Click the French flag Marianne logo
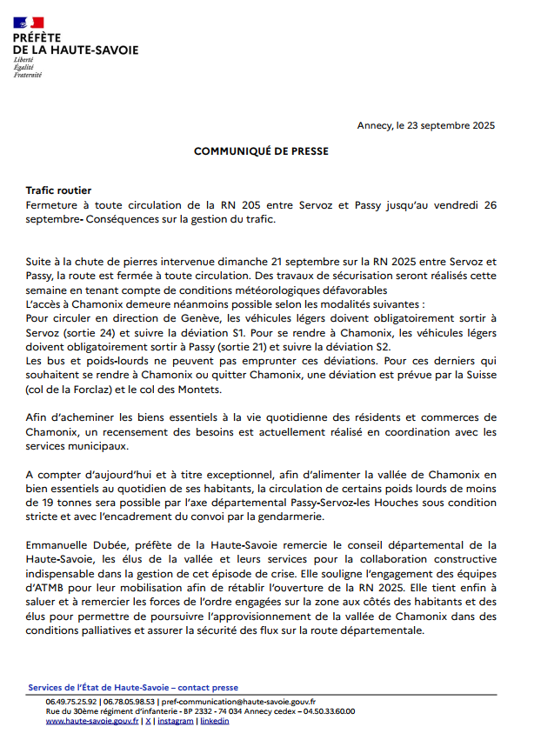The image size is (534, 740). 29,22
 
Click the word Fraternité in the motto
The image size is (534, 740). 27,76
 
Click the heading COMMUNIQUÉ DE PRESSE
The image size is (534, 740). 261,151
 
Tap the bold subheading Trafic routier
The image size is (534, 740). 58,190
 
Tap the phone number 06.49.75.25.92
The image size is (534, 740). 71,701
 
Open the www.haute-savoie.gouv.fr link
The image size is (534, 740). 91,721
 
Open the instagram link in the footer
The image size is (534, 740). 176,721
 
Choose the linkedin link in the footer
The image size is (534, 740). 215,721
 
